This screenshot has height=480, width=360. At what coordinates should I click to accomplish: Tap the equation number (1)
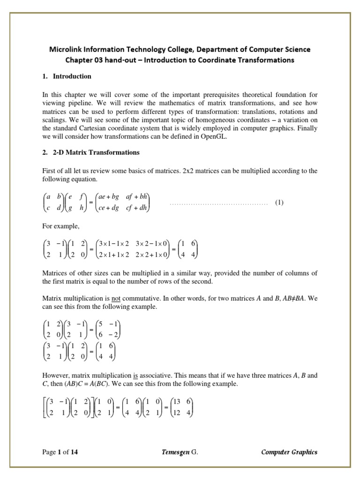point(279,202)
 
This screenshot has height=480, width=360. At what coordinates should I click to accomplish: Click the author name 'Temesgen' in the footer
point(175,452)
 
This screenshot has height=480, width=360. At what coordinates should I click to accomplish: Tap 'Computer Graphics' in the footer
point(289,452)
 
